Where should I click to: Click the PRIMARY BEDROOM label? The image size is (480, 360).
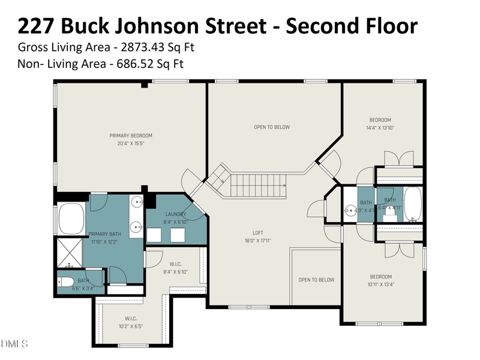click(130, 136)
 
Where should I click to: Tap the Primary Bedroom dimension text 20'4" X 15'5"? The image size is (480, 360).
click(130, 144)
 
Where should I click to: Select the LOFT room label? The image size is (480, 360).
click(257, 233)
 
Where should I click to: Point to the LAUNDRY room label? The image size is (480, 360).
click(176, 214)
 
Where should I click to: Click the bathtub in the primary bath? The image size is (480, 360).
click(71, 217)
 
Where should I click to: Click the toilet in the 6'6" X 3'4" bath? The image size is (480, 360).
click(65, 282)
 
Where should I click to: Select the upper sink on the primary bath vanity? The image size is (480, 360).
click(137, 202)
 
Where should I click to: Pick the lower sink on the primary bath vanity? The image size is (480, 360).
click(137, 227)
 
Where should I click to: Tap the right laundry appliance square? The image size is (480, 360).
click(178, 235)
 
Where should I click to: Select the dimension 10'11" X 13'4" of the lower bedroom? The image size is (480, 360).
click(380, 284)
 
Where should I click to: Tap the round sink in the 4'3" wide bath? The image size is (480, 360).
click(350, 211)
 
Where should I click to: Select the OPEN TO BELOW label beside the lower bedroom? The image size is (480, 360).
click(316, 280)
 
